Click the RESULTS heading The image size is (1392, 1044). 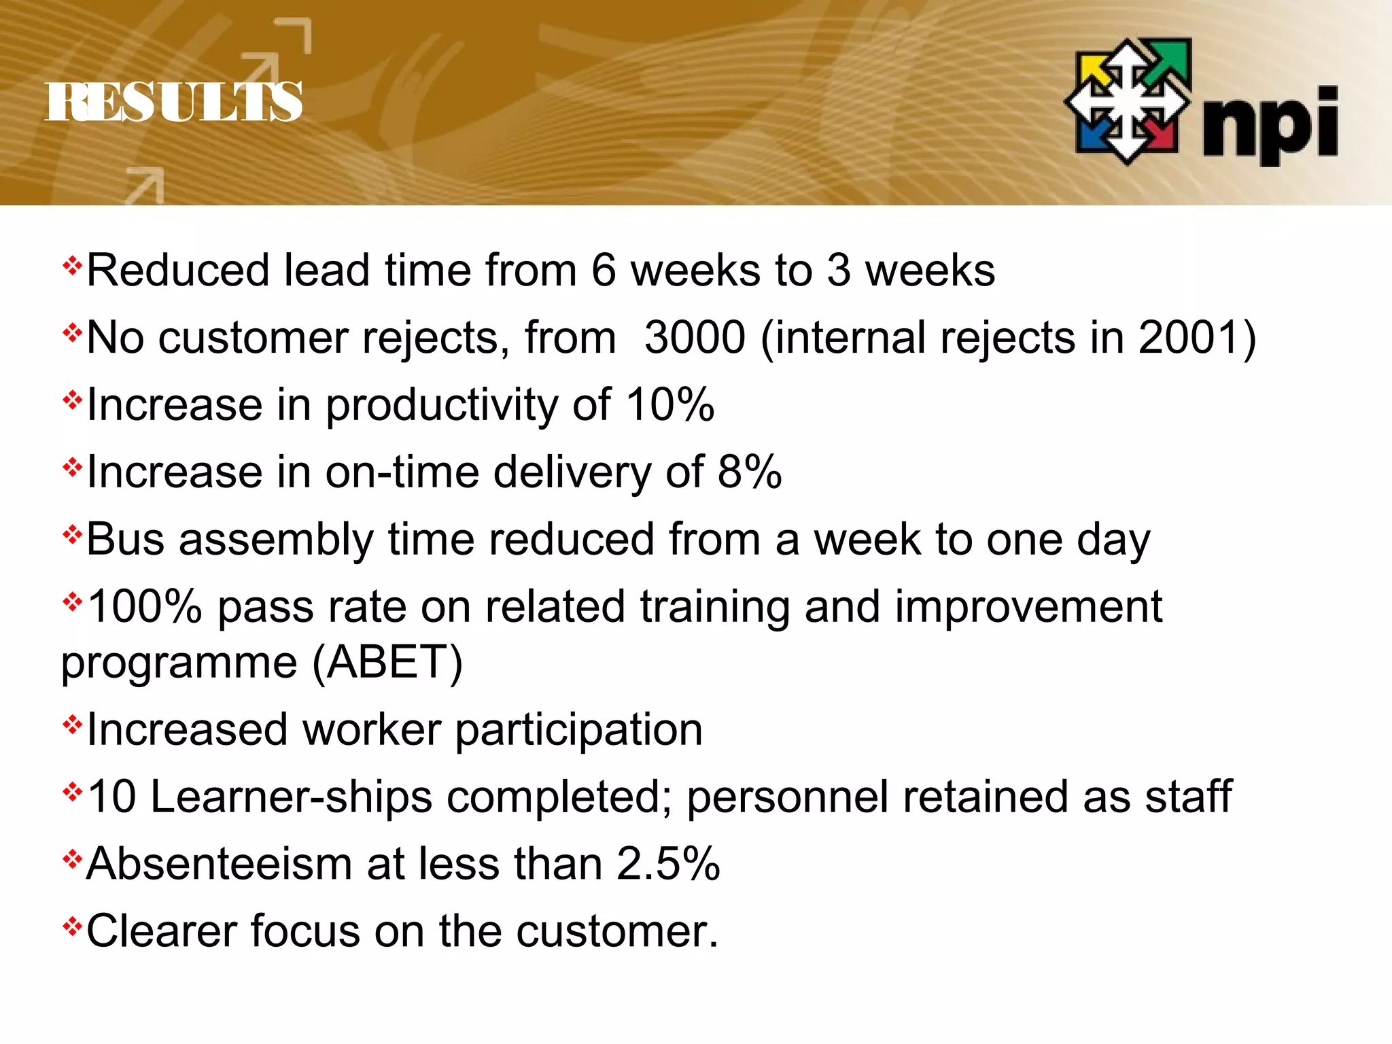coord(173,102)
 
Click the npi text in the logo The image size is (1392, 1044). coord(1270,126)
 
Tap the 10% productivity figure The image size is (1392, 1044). coord(669,405)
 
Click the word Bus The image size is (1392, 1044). coord(126,540)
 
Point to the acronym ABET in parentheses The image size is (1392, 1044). coord(387,662)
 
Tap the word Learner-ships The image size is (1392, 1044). coord(291,797)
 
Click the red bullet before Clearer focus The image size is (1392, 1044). coord(72,926)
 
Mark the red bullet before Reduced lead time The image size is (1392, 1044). coord(72,265)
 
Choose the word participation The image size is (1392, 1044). coord(578,730)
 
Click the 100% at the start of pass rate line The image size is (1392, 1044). coord(145,607)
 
